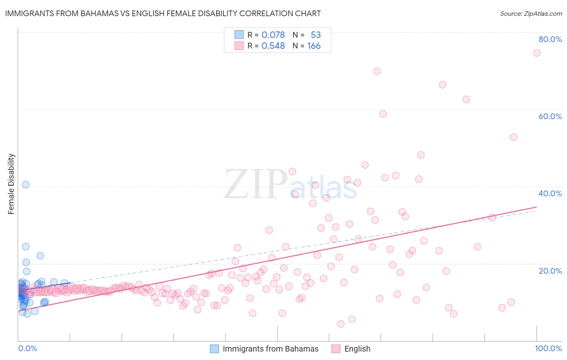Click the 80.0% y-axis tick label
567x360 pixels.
tap(550, 39)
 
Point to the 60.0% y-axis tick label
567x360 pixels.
tap(550, 116)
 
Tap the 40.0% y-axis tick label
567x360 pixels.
tap(550, 193)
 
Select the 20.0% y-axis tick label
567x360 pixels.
tap(550, 271)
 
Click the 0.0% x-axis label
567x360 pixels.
tap(27, 348)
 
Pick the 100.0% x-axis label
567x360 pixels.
tap(548, 348)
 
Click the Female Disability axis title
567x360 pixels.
tap(11, 184)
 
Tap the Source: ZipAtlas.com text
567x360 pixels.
tap(531, 13)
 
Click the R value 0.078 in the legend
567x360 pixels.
tap(273, 35)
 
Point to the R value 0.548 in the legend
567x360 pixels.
tap(273, 46)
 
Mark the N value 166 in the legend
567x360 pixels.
tap(314, 46)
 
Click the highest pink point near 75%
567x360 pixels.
tap(537, 53)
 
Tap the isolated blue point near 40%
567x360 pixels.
tap(26, 184)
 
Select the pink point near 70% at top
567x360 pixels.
tap(377, 71)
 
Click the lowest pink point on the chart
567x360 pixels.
tap(341, 324)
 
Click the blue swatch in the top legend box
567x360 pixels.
tap(239, 35)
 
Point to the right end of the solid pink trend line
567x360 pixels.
tap(536, 207)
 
